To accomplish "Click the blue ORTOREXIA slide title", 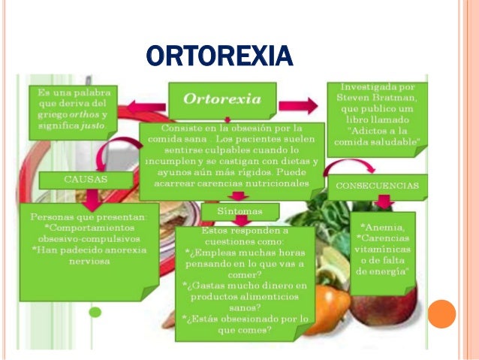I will tap(218, 56).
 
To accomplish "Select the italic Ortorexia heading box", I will tap(222, 99).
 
